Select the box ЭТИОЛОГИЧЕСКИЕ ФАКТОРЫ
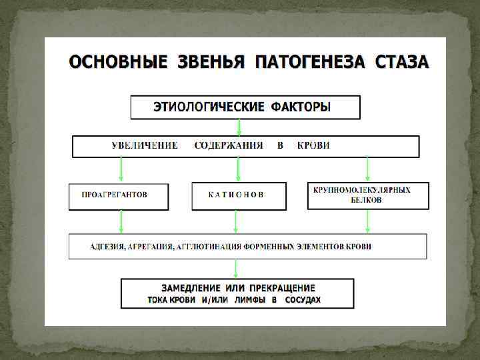245,107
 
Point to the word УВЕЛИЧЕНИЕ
145,145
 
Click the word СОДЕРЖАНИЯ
229,145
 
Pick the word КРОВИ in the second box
313,145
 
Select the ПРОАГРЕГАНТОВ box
118,195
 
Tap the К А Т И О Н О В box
238,195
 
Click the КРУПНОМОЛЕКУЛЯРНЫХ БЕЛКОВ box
367,195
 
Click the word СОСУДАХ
303,300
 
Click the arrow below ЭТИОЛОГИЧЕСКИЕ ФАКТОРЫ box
238,127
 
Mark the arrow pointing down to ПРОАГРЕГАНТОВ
121,169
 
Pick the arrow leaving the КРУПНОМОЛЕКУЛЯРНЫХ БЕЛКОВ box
367,221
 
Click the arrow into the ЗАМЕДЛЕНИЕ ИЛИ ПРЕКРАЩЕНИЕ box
237,269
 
